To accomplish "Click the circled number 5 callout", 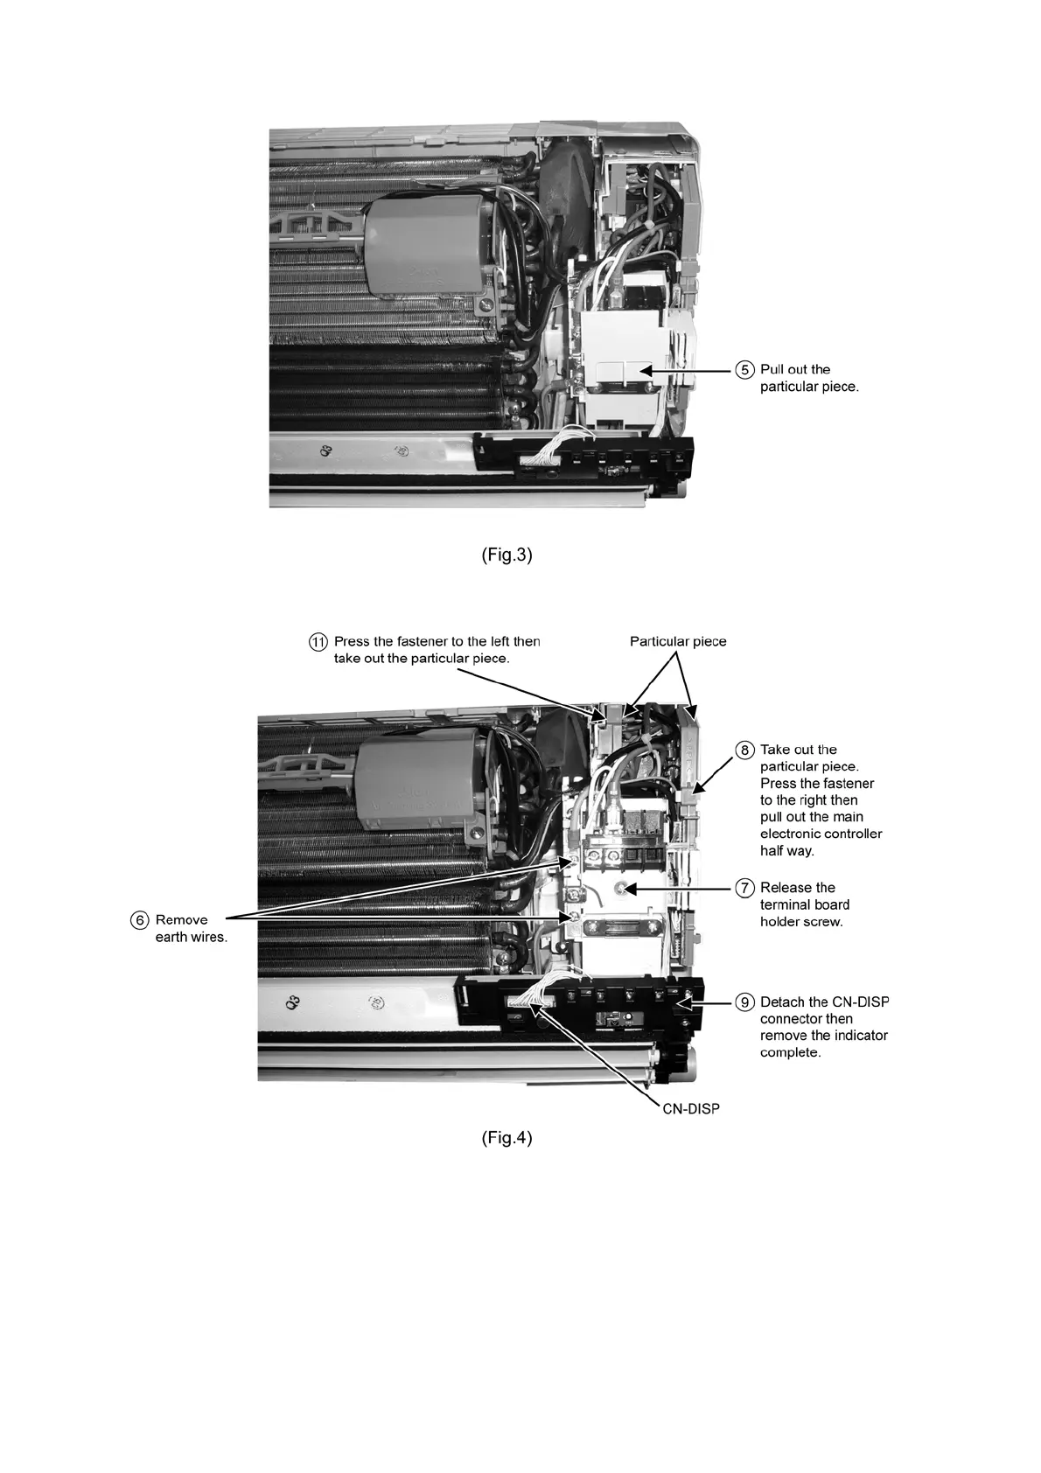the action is click(x=744, y=370).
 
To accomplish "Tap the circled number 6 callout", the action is click(x=140, y=920).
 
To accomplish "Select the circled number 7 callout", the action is click(x=744, y=888).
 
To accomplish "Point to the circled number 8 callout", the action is click(x=744, y=750).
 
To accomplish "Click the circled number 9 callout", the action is click(x=744, y=1002).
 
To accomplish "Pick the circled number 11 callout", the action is click(x=318, y=641).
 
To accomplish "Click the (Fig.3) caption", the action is click(x=507, y=555).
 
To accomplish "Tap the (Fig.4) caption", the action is click(x=507, y=1138).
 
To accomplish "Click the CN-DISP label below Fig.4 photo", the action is click(x=690, y=1108).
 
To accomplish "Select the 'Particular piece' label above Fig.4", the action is click(x=678, y=641).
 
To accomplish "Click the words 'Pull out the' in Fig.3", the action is click(x=795, y=369).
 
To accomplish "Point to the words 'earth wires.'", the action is click(x=192, y=938).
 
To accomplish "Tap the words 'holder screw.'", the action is click(x=801, y=921).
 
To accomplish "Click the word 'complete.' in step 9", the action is click(x=791, y=1052).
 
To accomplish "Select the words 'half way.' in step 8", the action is click(x=787, y=850).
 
